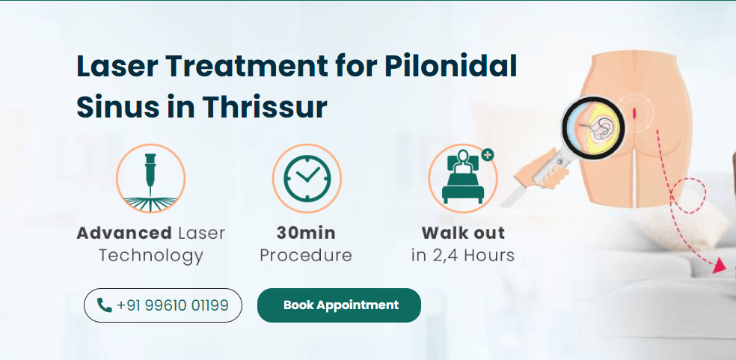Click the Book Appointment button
340,305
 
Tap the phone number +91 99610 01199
173,305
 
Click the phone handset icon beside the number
105,305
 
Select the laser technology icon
150,178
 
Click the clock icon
306,178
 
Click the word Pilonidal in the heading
450,66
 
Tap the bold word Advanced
123,233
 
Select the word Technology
150,255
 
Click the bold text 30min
305,233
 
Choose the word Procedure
305,255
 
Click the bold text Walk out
463,233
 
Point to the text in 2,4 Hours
463,255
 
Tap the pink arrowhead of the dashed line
720,266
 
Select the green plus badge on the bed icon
488,155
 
